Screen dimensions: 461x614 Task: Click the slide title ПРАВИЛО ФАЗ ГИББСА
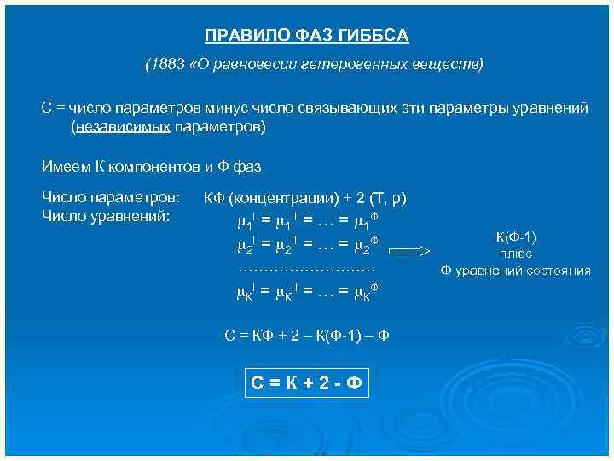click(x=307, y=36)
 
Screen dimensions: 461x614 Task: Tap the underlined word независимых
click(x=123, y=126)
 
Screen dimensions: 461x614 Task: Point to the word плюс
click(x=515, y=254)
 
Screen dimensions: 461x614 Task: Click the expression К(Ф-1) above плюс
click(x=515, y=236)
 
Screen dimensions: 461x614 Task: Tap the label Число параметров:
click(x=111, y=198)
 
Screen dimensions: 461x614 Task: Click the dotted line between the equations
click(x=306, y=269)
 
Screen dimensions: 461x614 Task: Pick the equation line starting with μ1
click(x=306, y=223)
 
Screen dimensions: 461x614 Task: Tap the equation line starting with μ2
click(x=306, y=247)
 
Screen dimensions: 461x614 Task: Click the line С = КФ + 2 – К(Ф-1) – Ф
click(x=306, y=335)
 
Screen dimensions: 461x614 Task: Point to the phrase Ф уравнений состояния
click(x=515, y=271)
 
